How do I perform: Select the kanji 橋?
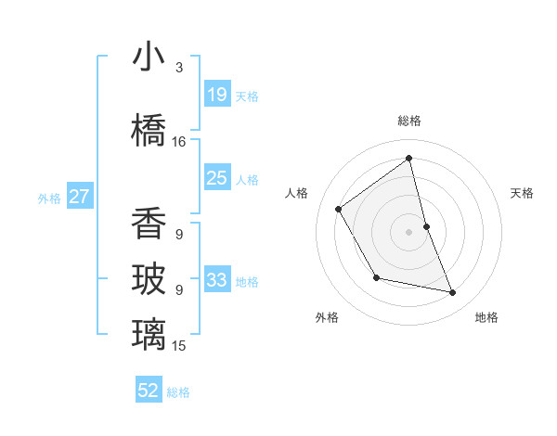coord(149,131)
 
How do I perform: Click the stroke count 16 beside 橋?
coord(179,142)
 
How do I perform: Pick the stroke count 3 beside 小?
coord(179,68)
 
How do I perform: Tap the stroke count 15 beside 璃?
coord(179,346)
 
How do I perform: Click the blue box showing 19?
coord(216,94)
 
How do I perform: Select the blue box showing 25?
coord(216,178)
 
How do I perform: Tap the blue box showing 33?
coord(216,279)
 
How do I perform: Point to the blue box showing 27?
coord(80,196)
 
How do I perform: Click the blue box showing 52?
coord(149,391)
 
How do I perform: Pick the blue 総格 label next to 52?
coord(178,392)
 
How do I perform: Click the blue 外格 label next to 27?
coord(49,198)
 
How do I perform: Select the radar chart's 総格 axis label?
coord(409,121)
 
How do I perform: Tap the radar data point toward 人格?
coord(339,209)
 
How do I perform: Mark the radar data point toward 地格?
coord(453,293)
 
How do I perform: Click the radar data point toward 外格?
coord(376,277)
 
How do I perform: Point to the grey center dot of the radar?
coord(409,231)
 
